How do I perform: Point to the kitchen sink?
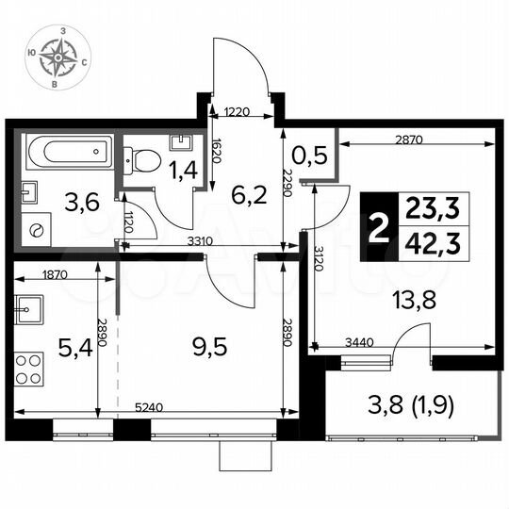(x=29, y=307)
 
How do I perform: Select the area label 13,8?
(x=414, y=303)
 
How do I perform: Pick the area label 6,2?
(x=249, y=194)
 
